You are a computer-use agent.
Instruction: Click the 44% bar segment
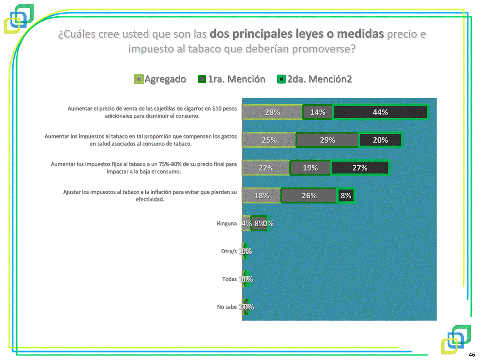coord(380,112)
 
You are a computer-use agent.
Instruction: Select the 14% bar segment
coord(318,112)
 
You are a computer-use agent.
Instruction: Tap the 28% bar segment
coord(272,112)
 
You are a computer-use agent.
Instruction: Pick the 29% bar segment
coord(327,140)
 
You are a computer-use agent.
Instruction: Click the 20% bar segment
coord(380,140)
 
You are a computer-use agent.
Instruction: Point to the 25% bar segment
coord(269,140)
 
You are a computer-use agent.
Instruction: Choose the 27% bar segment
coord(360,168)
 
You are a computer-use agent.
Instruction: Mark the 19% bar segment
coord(310,168)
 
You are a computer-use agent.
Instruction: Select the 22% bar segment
coord(266,168)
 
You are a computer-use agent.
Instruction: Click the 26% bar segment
coord(309,196)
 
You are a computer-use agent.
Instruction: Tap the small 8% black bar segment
coord(346,196)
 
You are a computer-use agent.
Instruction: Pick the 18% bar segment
coord(262,196)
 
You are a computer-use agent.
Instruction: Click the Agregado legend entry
coord(160,79)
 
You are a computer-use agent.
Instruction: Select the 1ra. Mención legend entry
coord(232,79)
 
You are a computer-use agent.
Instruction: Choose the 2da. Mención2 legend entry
coord(315,79)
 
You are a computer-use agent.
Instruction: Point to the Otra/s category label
coord(229,251)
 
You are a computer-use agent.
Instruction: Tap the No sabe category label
coord(227,307)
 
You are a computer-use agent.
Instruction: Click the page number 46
coord(471,354)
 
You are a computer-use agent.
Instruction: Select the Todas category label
coord(229,279)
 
